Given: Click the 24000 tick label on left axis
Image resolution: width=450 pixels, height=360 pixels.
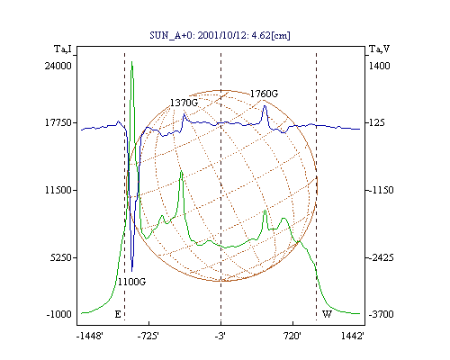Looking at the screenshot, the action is point(58,66).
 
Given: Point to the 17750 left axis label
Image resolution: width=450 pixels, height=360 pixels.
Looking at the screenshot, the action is point(58,122).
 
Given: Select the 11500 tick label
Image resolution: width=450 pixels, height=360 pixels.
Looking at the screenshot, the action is point(58,190).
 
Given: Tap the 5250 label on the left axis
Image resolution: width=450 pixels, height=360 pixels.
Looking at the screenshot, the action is point(61,257).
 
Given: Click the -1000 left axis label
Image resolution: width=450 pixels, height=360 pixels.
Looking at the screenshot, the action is point(59,314).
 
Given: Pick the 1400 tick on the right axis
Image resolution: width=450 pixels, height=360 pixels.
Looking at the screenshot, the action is point(379,66).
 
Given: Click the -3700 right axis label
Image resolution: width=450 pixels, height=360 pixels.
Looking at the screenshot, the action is point(381,314).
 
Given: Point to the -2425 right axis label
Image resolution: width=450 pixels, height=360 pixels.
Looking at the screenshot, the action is point(381,257).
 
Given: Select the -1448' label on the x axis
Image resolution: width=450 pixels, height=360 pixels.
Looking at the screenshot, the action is point(90,336).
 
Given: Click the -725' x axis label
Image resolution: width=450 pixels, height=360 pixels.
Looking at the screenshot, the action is point(148,336).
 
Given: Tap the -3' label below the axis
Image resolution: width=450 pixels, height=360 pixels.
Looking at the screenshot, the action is point(220,336).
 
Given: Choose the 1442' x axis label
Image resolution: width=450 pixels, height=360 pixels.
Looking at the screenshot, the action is point(353,336).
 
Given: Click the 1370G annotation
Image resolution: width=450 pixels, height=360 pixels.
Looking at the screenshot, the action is point(184,103).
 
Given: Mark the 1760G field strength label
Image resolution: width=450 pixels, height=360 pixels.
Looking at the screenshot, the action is point(264,94).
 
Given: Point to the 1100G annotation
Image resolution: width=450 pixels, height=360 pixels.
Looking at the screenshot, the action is point(131,282).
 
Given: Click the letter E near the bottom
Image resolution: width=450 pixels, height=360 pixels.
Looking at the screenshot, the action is point(118,314).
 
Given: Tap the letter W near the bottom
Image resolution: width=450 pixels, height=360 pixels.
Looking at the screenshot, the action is point(327,314).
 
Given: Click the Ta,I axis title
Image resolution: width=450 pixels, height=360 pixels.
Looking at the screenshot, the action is point(63,49).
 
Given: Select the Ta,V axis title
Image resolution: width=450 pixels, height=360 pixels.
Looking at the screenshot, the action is point(379,49).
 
